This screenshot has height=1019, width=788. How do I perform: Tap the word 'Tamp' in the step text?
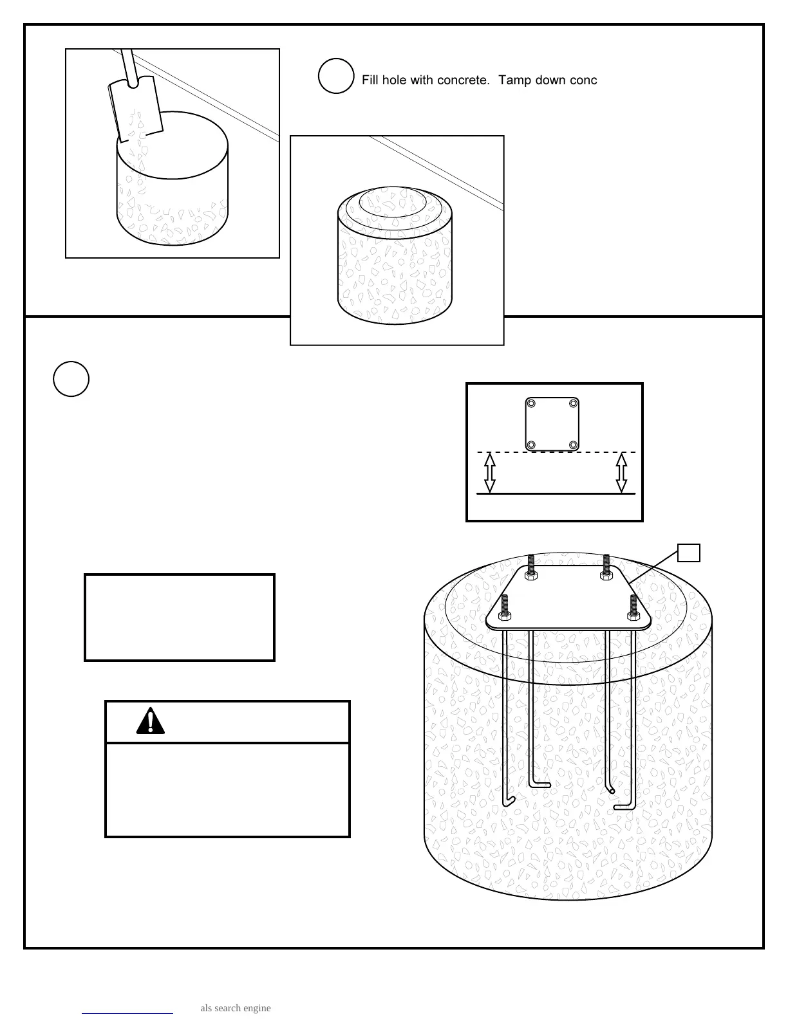(x=515, y=80)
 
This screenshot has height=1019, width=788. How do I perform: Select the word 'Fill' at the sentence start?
(x=370, y=80)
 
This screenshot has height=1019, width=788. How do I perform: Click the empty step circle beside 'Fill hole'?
(x=336, y=76)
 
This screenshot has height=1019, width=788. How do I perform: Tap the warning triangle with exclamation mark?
(x=151, y=721)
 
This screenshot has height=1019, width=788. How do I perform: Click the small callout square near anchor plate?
(x=689, y=553)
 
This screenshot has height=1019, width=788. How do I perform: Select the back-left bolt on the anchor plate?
(x=531, y=567)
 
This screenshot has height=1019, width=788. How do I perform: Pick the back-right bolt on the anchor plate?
(x=606, y=567)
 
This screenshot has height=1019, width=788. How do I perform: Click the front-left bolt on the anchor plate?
(x=505, y=607)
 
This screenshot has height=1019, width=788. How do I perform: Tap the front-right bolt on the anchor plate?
(x=633, y=607)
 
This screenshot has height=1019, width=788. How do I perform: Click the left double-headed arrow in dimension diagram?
(x=490, y=473)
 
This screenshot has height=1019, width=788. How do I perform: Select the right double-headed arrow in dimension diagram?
(x=621, y=473)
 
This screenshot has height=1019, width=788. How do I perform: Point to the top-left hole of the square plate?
(x=531, y=403)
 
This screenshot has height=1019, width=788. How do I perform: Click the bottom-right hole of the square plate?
(x=573, y=445)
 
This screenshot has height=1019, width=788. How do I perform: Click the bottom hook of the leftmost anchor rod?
(x=509, y=800)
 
